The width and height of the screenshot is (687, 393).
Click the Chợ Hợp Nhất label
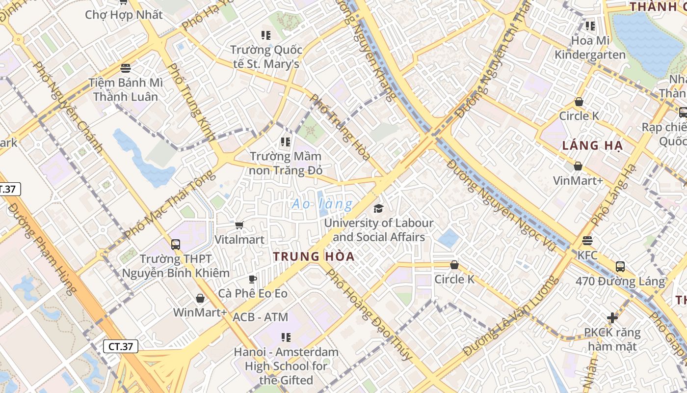124,15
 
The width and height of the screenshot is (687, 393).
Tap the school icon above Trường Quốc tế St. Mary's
266,35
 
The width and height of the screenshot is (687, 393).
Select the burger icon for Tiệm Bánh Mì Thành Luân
126,68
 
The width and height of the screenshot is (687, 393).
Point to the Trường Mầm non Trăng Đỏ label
286,164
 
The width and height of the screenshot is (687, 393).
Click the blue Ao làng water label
322,204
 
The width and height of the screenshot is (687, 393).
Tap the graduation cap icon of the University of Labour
378,209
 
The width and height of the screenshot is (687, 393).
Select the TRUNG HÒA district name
314,256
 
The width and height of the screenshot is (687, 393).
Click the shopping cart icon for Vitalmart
239,225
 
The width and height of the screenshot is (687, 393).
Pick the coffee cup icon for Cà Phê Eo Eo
253,279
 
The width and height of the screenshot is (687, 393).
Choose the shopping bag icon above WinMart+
200,298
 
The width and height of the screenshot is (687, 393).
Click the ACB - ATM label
260,317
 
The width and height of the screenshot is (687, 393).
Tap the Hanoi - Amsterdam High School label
286,366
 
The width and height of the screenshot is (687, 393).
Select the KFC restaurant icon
587,241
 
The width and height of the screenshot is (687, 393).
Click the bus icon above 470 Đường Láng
620,267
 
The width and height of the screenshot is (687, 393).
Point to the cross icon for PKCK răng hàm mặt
612,318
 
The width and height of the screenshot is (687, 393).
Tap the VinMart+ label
578,181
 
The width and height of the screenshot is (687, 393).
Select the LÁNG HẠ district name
592,145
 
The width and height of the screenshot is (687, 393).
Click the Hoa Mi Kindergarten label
590,48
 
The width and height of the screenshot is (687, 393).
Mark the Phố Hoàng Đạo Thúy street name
369,314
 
